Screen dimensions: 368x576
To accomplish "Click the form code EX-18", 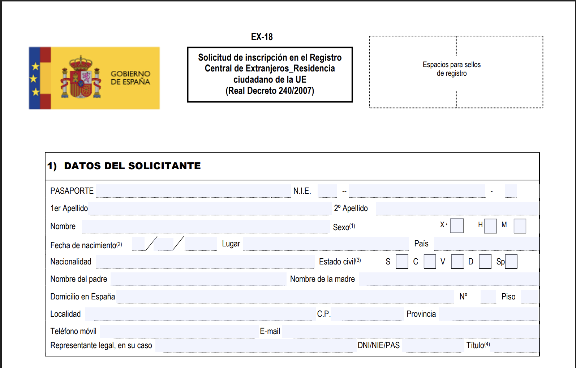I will click(x=262, y=37).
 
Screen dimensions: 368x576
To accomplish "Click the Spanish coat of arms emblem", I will click(x=81, y=78).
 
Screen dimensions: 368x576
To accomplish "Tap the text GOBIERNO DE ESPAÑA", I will click(x=130, y=78).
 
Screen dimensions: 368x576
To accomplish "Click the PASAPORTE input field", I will click(x=193, y=191).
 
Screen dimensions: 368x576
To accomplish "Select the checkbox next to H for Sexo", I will click(x=490, y=226).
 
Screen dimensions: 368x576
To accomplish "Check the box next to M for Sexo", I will click(x=520, y=226).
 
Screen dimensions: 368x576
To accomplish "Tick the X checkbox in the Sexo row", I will click(x=457, y=226).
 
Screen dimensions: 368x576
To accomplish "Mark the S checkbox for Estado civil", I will click(x=402, y=262).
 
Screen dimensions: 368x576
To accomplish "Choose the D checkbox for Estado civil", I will click(x=485, y=262).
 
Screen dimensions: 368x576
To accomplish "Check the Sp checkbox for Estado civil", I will click(x=511, y=262).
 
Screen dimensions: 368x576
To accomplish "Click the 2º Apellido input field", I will click(x=457, y=208).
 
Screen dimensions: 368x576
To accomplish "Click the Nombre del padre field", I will click(x=198, y=279).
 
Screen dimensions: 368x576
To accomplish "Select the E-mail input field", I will click(x=410, y=331).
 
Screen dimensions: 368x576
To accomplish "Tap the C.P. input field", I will click(x=367, y=314).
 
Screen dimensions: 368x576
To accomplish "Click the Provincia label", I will click(x=421, y=314).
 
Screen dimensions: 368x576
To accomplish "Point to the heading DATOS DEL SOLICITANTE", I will click(x=132, y=166).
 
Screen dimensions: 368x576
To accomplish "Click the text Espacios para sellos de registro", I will click(x=452, y=69).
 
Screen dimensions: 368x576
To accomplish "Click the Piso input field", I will click(x=530, y=297).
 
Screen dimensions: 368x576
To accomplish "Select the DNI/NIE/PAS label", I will click(x=378, y=345).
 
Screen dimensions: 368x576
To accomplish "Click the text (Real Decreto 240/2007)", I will click(x=270, y=91).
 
